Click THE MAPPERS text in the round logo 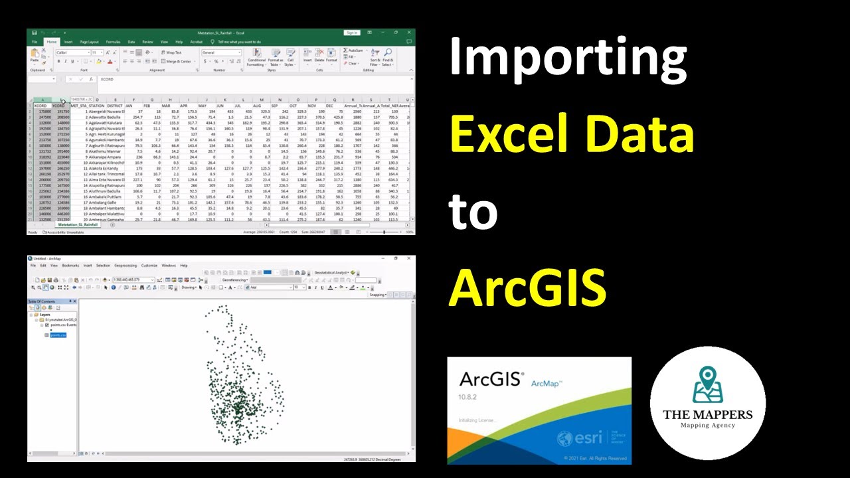(708, 415)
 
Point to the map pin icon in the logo (708, 385)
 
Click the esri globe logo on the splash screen (564, 439)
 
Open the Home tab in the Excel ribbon (51, 42)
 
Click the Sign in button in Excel (351, 33)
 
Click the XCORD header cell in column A (41, 106)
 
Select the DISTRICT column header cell (114, 106)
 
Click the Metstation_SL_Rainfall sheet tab (78, 225)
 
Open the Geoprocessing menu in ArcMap (126, 266)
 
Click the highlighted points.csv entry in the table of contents (58, 335)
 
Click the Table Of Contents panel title (42, 301)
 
